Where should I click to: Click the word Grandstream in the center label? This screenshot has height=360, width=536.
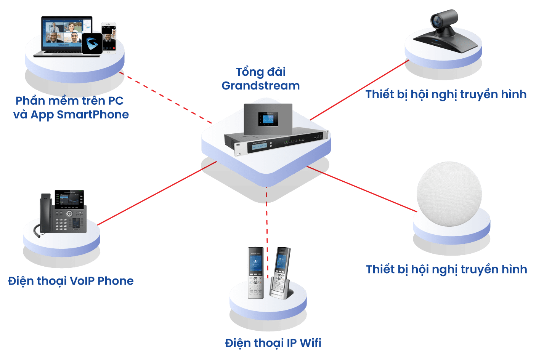coord(260,86)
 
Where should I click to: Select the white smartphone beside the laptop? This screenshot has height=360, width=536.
coord(109,37)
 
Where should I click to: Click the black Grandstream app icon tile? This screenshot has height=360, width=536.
coord(92,43)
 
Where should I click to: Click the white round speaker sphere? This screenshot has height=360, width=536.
coord(449,194)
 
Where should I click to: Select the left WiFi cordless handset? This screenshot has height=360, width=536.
coord(255,272)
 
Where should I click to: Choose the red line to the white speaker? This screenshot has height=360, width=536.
coord(362,188)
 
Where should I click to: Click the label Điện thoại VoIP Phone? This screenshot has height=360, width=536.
coord(71,281)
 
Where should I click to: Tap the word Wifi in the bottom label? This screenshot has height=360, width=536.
coord(310,343)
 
